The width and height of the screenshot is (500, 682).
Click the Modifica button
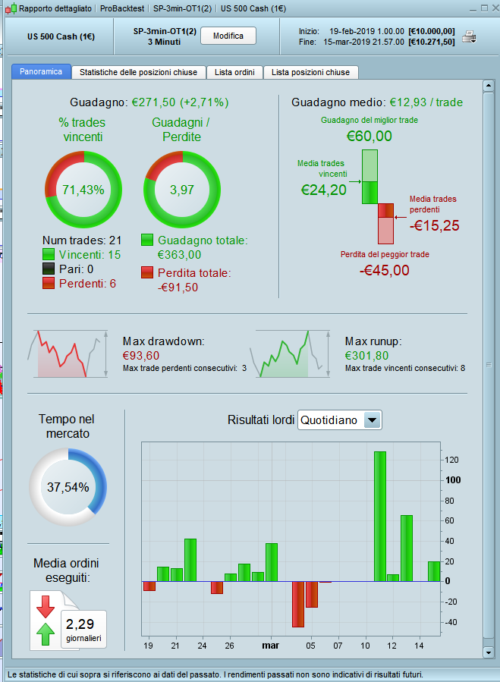228,36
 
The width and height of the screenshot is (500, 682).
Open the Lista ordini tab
234,72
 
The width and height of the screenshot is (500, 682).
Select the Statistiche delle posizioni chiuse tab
138,72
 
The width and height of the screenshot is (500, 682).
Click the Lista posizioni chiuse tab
310,72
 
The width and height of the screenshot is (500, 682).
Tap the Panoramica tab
41,72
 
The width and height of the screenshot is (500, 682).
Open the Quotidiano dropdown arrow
372,420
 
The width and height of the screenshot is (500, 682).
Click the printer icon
470,36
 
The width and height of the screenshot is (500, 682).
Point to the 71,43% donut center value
83,190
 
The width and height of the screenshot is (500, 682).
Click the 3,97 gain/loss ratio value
182,190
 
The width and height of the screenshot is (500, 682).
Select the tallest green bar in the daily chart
380,516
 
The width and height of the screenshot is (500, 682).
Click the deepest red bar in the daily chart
298,604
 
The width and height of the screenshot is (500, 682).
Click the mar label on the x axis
270,646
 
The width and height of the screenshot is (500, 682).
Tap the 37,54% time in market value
68,487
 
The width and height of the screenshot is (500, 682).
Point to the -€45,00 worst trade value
384,270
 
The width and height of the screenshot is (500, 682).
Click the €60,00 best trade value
369,137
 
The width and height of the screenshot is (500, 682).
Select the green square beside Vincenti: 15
49,255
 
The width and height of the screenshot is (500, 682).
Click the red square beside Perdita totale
148,272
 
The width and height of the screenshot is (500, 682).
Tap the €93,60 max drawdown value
141,355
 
